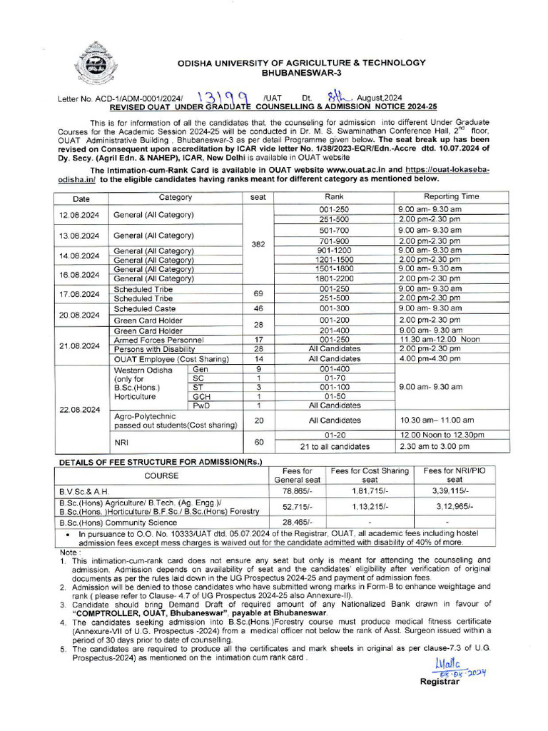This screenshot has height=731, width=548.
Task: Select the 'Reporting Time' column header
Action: point(451,197)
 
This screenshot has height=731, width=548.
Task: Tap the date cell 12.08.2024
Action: point(81,215)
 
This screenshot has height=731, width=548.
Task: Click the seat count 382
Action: point(258,244)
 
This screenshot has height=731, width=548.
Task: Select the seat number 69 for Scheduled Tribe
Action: point(258,293)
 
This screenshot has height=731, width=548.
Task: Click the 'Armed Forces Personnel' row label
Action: point(158,340)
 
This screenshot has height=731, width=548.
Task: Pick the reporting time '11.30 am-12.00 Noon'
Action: point(439,340)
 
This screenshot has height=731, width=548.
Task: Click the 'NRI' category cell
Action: point(121,442)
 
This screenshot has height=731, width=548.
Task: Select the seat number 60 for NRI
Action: point(258,442)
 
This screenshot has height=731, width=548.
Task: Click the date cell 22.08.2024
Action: point(81,410)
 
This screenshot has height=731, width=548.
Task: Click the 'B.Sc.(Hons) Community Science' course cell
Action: point(113,523)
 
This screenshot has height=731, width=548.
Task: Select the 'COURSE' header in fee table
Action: point(161,475)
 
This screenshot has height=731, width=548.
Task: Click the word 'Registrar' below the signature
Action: point(440,681)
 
